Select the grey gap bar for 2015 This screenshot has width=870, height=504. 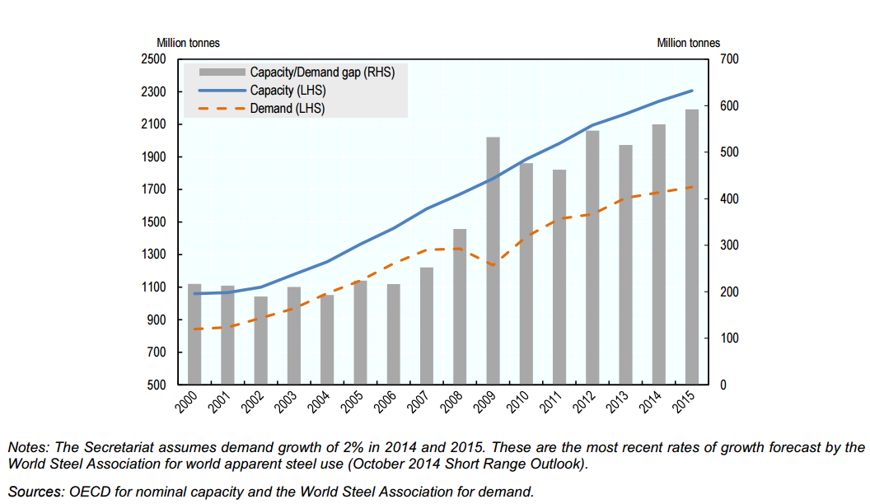pos(691,247)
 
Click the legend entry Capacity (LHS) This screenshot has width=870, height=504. pos(283,91)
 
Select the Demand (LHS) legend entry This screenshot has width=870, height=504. pos(282,108)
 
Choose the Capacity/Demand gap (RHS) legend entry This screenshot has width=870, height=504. pos(322,72)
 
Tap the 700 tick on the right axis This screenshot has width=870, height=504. pos(729,59)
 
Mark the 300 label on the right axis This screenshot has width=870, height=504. pos(729,245)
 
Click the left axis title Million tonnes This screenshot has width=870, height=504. pos(188,43)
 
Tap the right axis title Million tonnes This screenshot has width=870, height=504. pos(688,43)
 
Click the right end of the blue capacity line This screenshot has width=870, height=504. pos(691,91)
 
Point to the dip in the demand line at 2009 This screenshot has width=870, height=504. pos(493,265)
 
